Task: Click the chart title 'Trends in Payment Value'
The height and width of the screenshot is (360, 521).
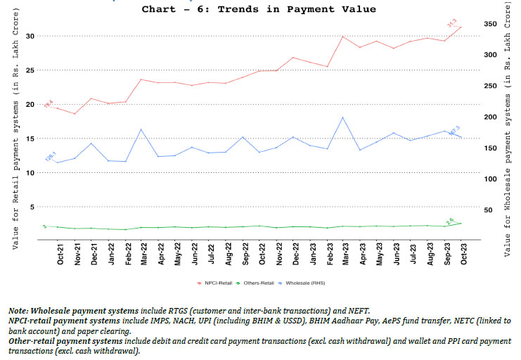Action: (259, 9)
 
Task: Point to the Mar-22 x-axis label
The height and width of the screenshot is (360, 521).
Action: (143, 254)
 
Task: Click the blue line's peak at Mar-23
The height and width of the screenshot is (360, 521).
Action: (342, 117)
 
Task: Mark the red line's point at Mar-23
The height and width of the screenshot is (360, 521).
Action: (342, 37)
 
